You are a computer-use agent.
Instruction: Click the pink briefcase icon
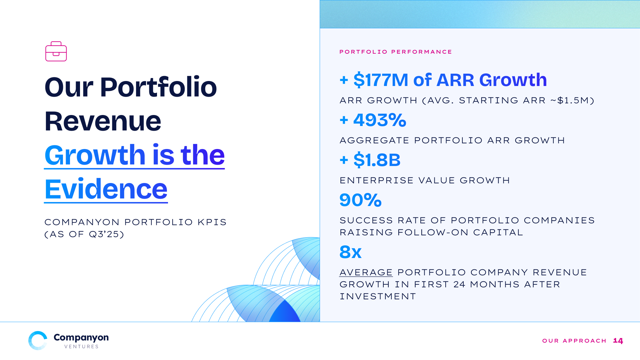click(x=56, y=51)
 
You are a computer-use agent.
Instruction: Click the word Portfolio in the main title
click(x=158, y=87)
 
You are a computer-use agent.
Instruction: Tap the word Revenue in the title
click(x=103, y=121)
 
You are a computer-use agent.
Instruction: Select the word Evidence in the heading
click(x=106, y=189)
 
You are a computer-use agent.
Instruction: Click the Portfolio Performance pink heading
click(x=396, y=52)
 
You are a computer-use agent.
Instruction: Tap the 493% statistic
click(x=380, y=120)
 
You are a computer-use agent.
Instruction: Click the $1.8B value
click(x=377, y=160)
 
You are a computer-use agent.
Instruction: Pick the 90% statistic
click(x=360, y=200)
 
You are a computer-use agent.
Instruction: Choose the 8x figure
click(x=350, y=252)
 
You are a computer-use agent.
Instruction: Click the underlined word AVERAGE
click(x=366, y=272)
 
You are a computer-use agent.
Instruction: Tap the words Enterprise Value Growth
click(x=425, y=180)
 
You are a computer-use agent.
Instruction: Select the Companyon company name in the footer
click(x=81, y=337)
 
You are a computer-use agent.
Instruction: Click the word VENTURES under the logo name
click(x=81, y=347)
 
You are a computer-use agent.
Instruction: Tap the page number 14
click(x=618, y=341)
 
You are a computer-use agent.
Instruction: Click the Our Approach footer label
click(x=574, y=341)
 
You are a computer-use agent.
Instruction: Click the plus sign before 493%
click(x=344, y=120)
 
